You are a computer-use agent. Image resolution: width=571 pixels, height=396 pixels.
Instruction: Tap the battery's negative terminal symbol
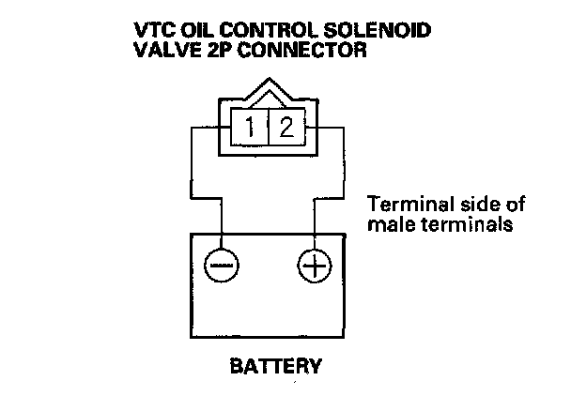click(x=222, y=267)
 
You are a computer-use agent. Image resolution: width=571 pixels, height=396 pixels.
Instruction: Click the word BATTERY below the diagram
click(x=276, y=364)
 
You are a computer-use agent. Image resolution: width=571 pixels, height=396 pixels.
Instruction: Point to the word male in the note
click(x=387, y=225)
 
